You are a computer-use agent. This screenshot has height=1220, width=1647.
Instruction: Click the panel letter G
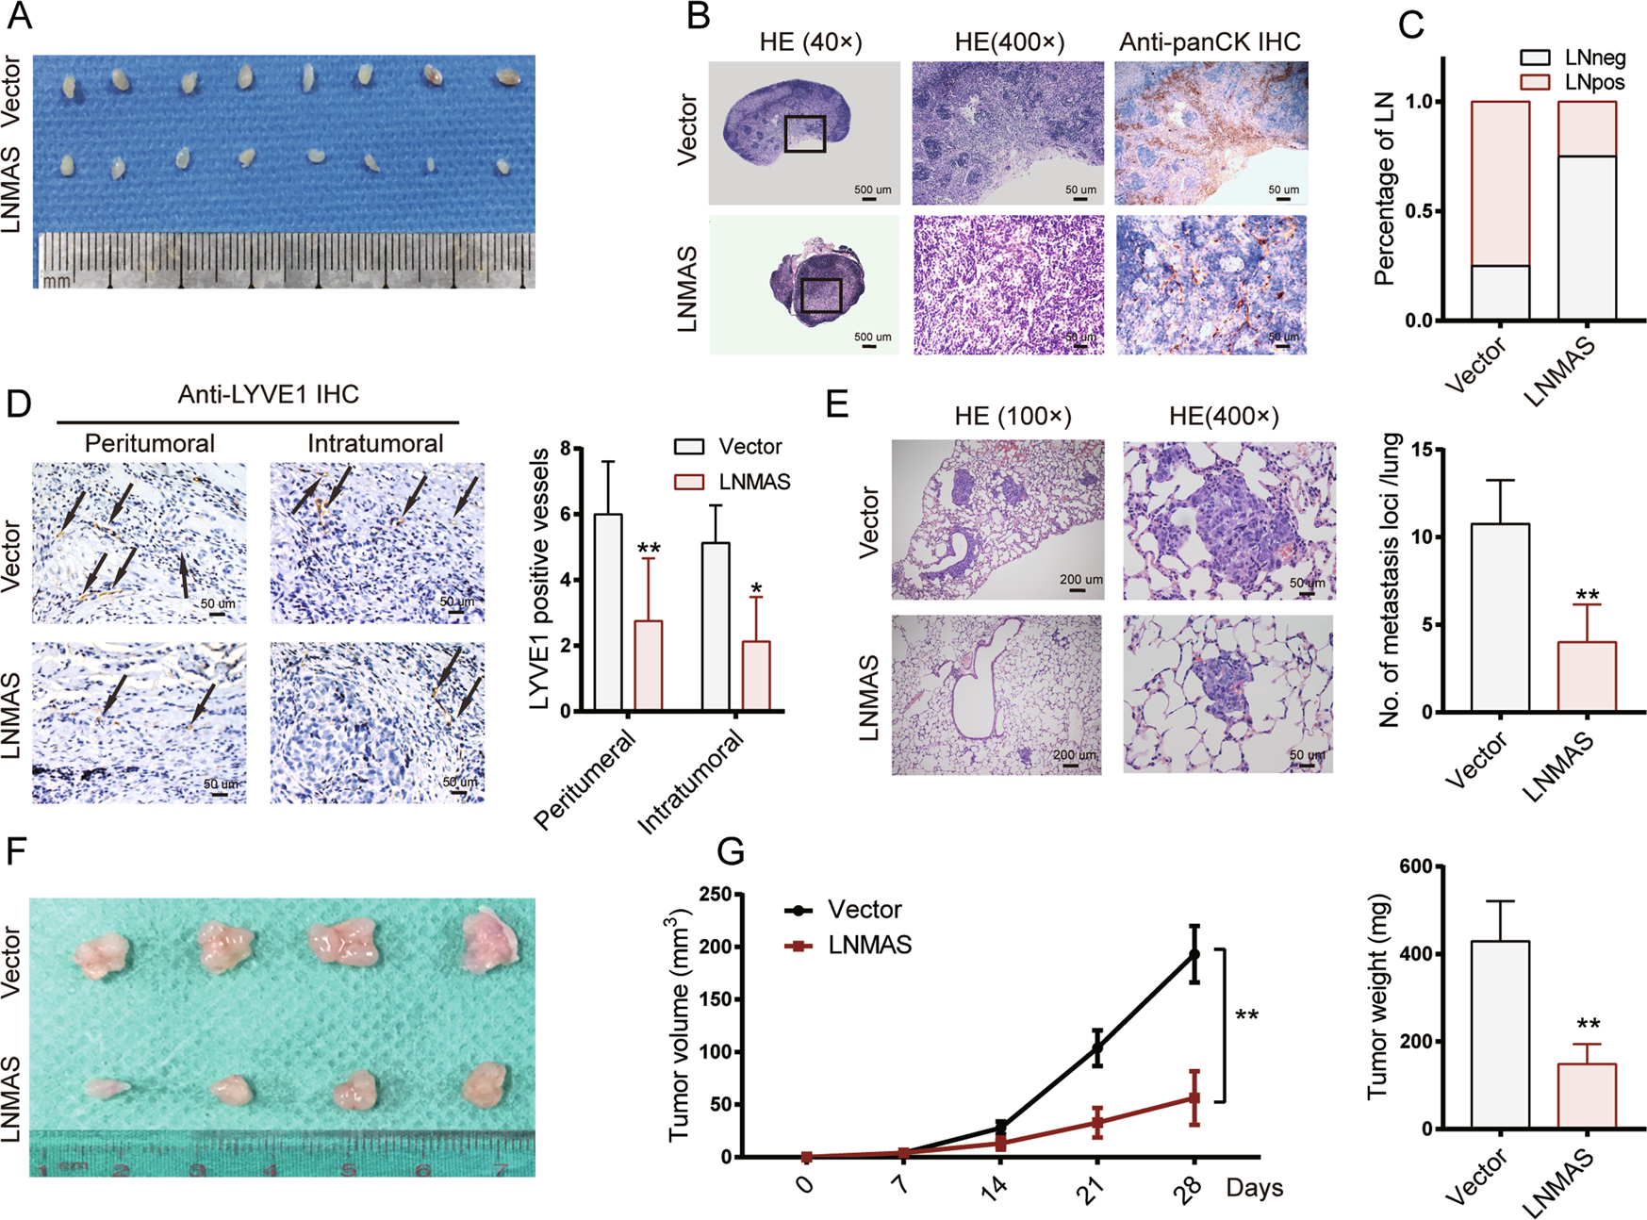coord(732,851)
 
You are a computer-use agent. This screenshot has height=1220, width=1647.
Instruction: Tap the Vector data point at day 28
coord(1194,954)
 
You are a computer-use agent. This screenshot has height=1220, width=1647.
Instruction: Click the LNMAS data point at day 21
coord(1097,1122)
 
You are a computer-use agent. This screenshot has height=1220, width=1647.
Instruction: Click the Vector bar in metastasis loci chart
coord(1500,618)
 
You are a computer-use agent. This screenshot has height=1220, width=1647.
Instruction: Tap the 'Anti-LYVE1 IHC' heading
coord(268,394)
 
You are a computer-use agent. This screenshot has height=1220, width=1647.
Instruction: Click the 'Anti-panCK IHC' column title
coord(1210,42)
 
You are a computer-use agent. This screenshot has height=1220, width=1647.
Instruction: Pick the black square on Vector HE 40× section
coord(804,134)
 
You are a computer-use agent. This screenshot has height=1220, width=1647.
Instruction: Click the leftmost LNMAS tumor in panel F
coord(107,1088)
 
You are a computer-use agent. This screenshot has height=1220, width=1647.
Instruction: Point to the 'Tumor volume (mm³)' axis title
coord(680,1025)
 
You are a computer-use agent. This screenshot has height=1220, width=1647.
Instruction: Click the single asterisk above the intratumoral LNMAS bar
coord(756,589)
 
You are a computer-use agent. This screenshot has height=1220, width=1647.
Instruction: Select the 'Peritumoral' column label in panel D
coord(149,443)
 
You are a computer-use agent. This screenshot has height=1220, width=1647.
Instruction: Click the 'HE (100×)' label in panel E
coord(1013,416)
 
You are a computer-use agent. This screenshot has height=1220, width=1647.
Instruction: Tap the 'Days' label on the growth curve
coord(1254,1188)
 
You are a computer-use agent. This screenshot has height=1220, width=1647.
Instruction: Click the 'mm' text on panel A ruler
coord(57,280)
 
